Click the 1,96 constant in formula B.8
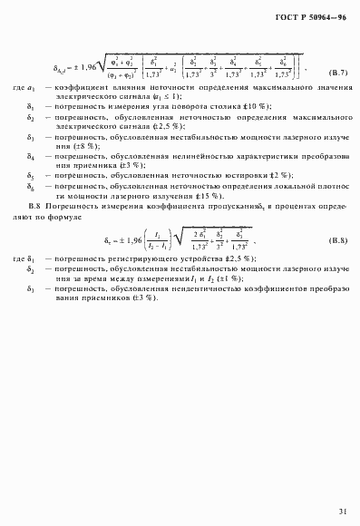[122, 241]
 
